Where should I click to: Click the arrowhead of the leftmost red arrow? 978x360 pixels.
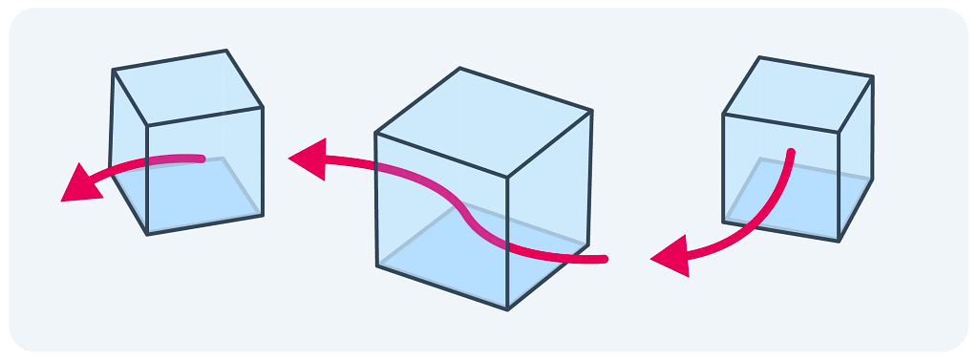coord(78,183)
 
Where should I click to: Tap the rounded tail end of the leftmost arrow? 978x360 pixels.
coord(201,159)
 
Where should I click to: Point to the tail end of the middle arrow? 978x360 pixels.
coord(603,259)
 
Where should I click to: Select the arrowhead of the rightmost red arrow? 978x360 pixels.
coord(670,256)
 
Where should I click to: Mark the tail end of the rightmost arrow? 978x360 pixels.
coord(791,152)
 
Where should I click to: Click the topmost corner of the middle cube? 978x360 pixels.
coord(460,68)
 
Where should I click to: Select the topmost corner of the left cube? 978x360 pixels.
coord(227,51)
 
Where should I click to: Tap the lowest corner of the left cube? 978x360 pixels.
coord(147,235)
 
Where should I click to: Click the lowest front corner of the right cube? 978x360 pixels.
coord(840,242)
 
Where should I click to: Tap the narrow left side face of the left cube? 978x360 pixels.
coord(129,153)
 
